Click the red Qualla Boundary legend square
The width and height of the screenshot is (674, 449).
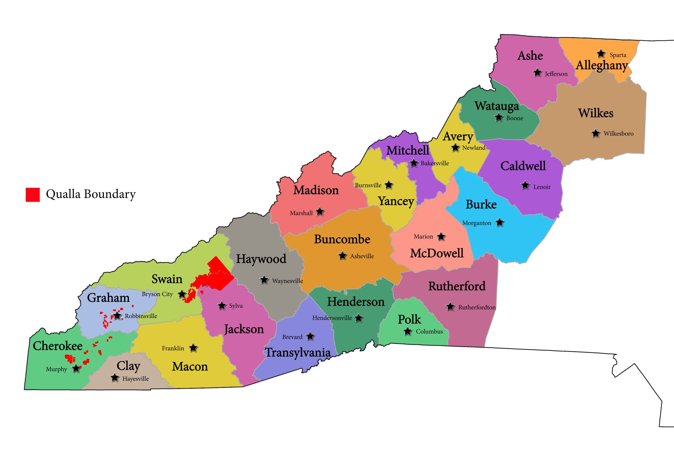coord(33,195)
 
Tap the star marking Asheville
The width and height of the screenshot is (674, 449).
coord(342,256)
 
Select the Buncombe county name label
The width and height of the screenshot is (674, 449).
coord(342,239)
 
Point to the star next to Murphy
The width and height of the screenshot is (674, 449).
coord(76,368)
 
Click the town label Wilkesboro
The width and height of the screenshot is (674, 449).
coord(618,133)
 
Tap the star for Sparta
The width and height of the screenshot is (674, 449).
coord(601,54)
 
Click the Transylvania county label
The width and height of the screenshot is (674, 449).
coord(298,352)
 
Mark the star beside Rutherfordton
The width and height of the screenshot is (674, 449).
coord(450,307)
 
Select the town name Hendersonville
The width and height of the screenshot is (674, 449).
coord(332,318)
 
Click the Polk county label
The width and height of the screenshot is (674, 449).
coord(409,320)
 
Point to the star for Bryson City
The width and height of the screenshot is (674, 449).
coord(182,294)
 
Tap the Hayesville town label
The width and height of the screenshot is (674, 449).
coord(135,379)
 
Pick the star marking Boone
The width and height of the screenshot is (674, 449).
coord(499,117)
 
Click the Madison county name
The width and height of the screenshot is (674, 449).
coord(316,190)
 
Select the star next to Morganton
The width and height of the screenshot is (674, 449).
coord(500,222)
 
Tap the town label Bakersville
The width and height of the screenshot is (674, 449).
coord(435,163)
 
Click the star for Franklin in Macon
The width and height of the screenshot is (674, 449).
coord(193,348)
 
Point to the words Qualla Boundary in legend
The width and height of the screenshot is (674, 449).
coord(91,194)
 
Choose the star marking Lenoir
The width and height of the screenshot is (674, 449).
coord(525,185)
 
